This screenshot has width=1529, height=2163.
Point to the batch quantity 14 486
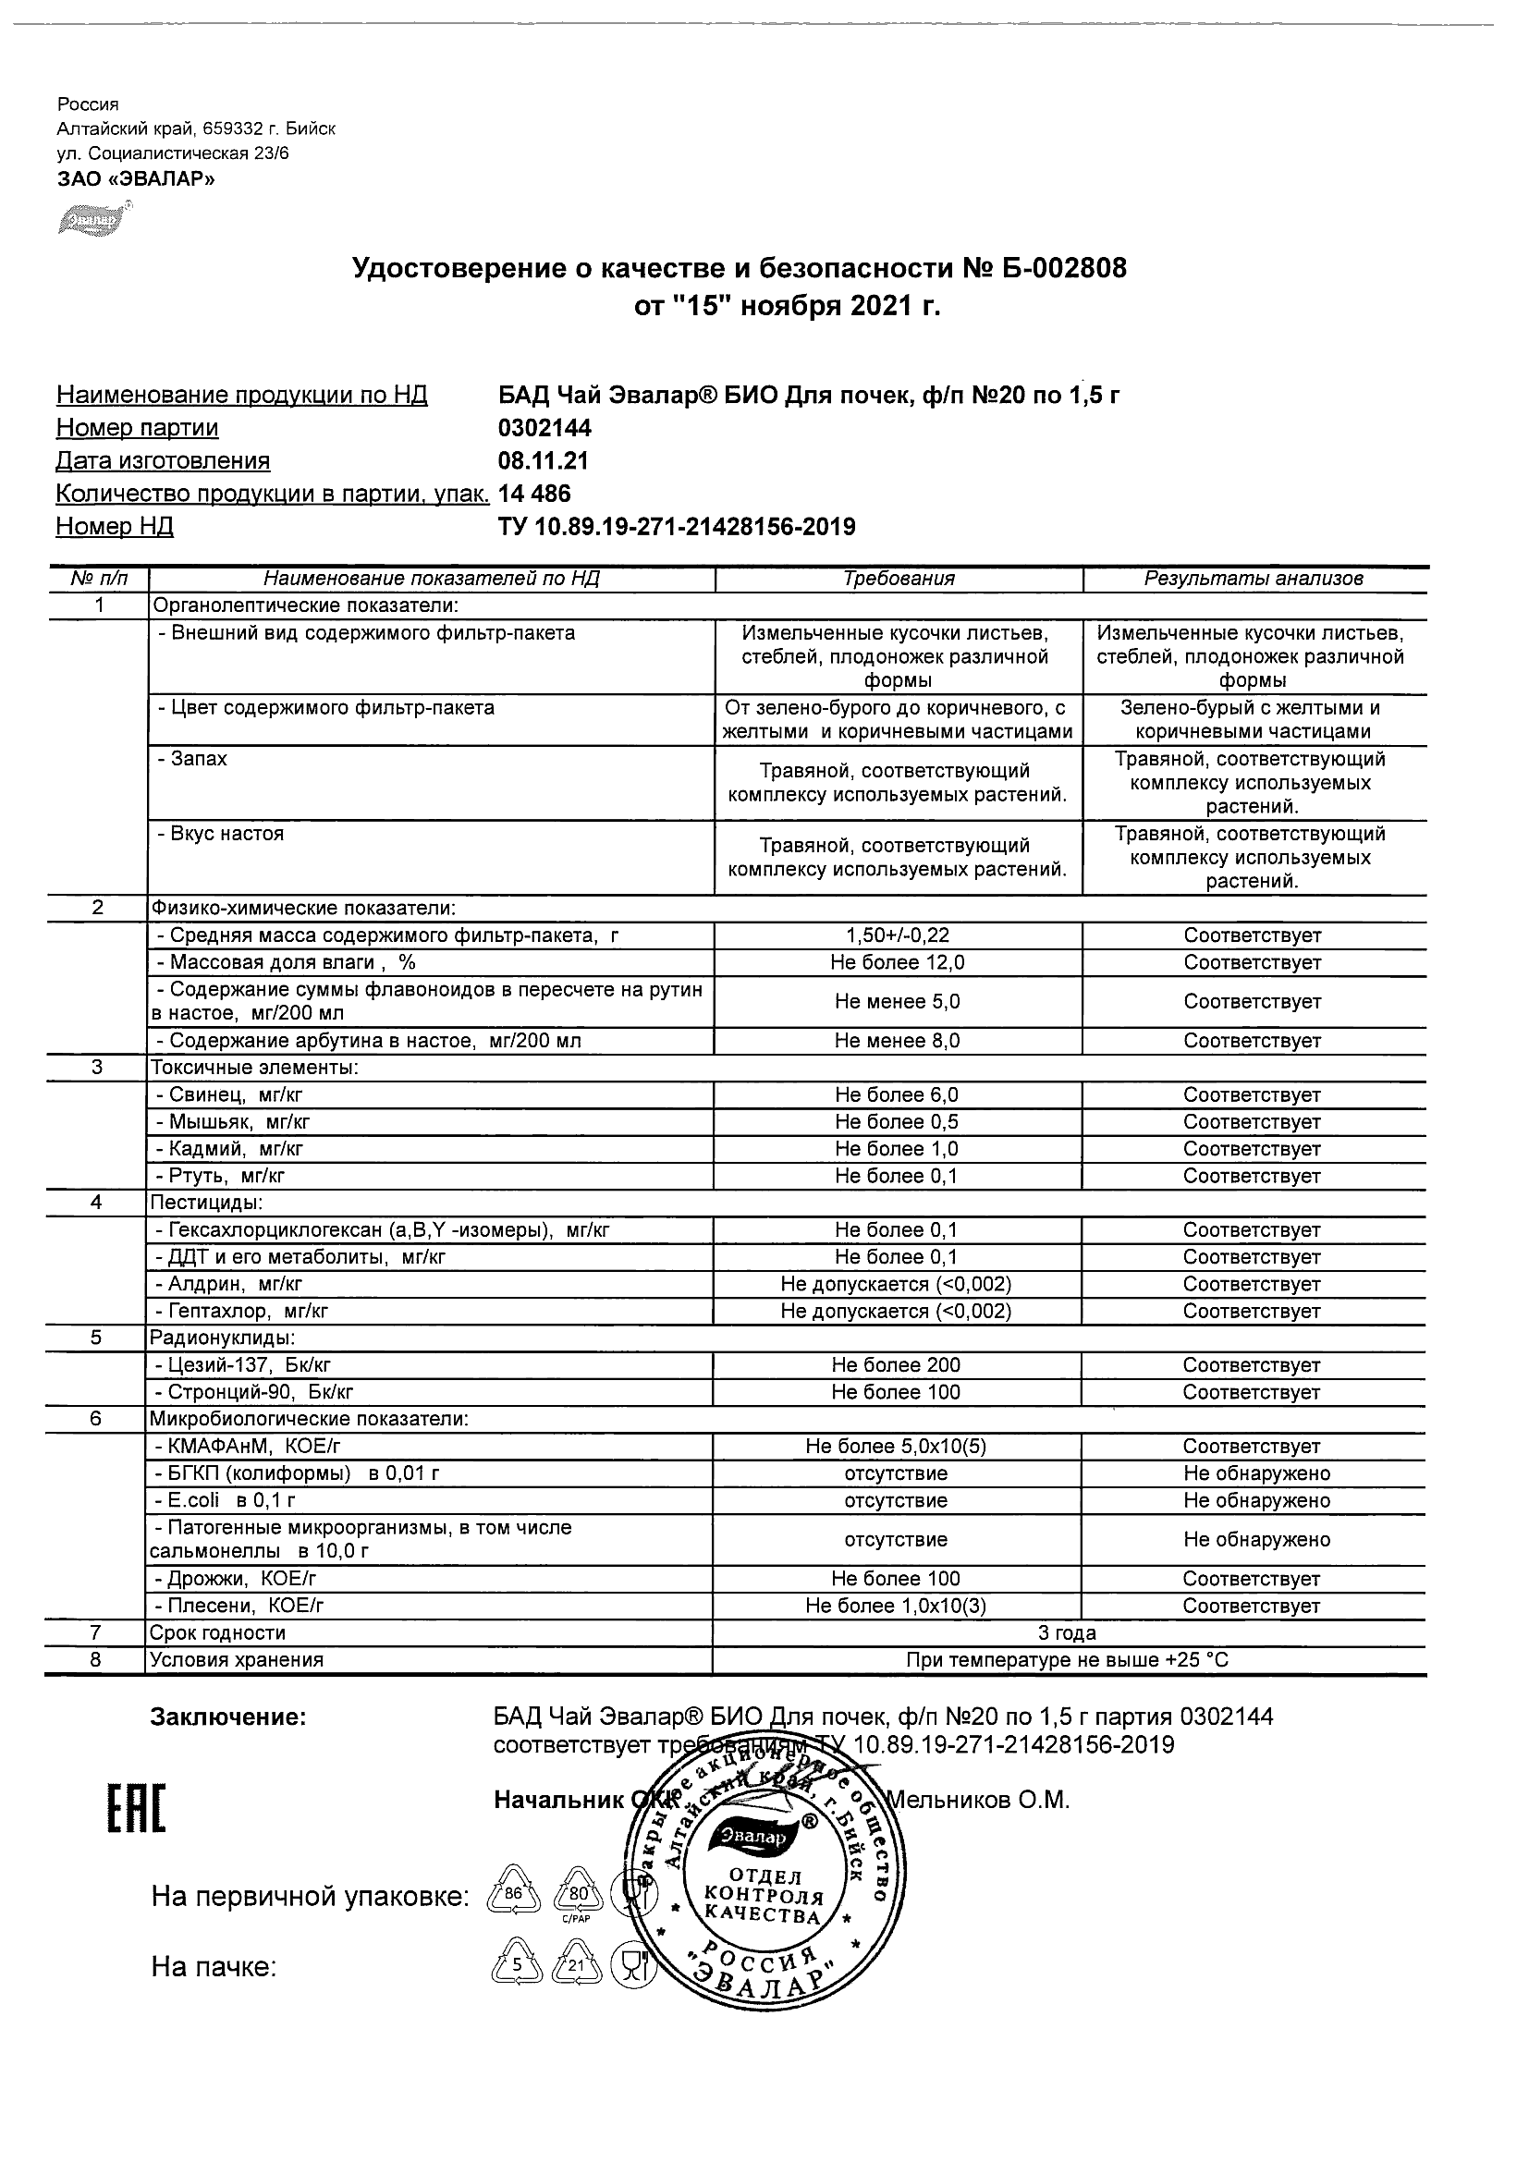534,494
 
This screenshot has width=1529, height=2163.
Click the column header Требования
899,580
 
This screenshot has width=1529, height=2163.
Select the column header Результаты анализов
1253,580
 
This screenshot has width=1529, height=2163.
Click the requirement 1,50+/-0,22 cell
898,935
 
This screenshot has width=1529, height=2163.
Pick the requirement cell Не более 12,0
898,963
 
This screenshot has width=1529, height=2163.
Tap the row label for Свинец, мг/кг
229,1094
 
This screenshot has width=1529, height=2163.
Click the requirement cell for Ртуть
896,1176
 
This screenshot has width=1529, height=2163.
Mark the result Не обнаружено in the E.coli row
1256,1501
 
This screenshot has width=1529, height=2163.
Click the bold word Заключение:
229,1717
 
